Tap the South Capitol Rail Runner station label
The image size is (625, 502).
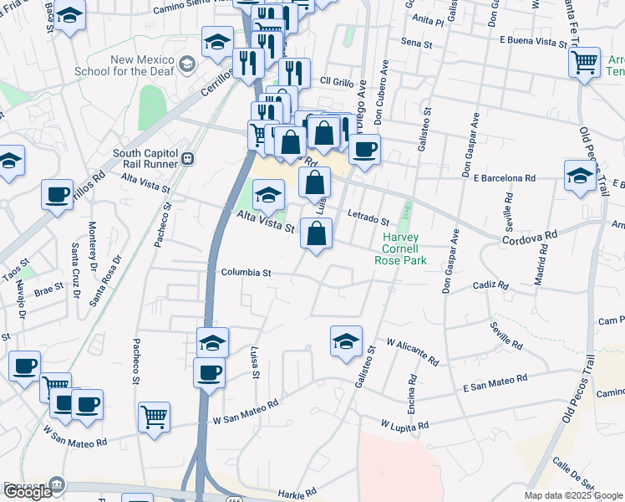[147, 159]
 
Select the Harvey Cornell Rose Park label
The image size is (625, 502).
[404, 248]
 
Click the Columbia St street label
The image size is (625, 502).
[246, 272]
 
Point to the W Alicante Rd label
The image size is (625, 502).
[413, 351]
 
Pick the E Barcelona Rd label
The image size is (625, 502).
[503, 177]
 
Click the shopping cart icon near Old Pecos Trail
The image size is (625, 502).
[584, 61]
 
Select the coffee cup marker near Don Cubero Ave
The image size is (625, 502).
[364, 150]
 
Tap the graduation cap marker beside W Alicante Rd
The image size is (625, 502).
[346, 341]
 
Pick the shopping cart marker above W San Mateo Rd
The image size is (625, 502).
[155, 417]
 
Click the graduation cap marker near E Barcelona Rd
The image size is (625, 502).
[580, 176]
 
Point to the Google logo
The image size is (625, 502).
[28, 491]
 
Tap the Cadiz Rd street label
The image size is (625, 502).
[490, 285]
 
